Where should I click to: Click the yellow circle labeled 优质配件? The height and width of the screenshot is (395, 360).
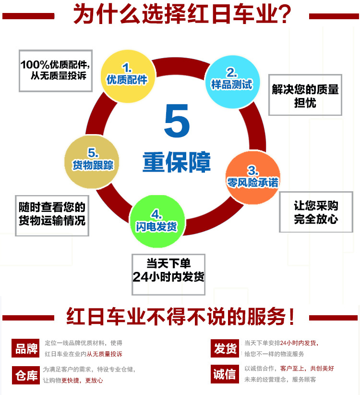click(x=127, y=74)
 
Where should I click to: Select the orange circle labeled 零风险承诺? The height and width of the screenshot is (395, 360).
click(x=252, y=178)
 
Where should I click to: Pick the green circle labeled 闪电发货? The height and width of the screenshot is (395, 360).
click(x=156, y=222)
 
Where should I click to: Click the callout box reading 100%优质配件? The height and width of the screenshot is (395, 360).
click(x=55, y=70)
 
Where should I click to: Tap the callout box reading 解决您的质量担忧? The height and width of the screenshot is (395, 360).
click(x=305, y=95)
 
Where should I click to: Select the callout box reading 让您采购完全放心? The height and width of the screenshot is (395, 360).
click(x=316, y=212)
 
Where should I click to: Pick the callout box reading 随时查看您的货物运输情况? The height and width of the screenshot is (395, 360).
click(x=52, y=215)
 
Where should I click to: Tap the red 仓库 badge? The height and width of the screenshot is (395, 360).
click(x=25, y=374)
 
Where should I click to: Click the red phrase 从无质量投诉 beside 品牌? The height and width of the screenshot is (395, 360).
click(x=105, y=354)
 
